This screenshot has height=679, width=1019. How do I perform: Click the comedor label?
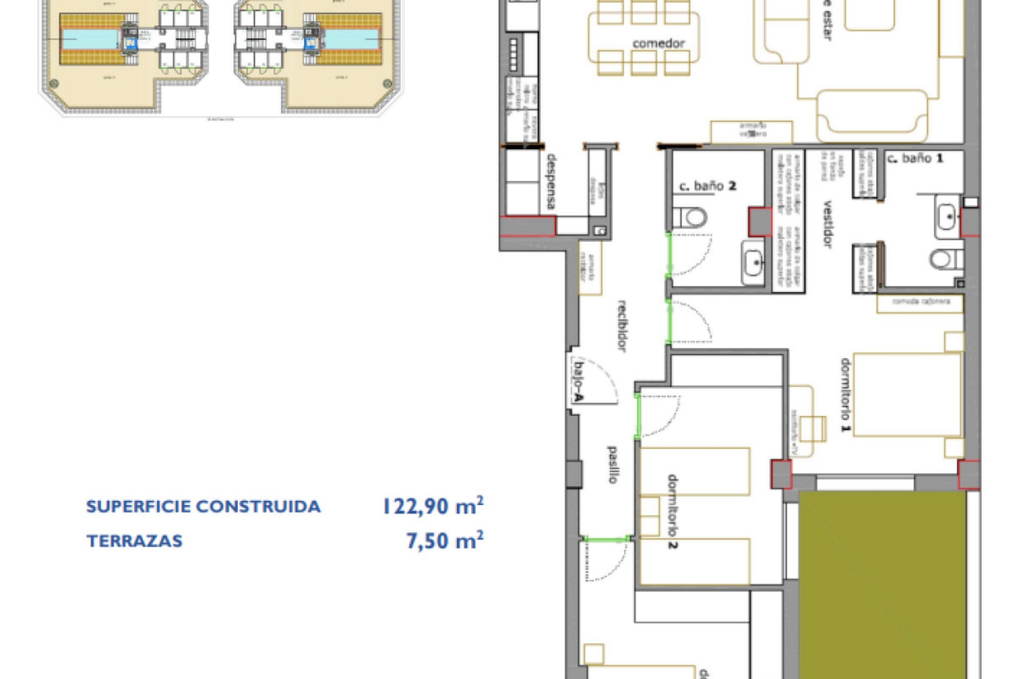tap(658, 43)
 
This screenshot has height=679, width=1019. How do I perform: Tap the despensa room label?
tap(551, 181)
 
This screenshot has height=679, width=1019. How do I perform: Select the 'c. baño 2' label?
tap(707, 186)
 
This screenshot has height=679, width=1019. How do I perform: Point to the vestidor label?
tap(827, 223)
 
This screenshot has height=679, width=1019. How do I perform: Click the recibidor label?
tap(622, 326)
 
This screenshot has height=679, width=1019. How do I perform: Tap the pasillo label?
tap(612, 465)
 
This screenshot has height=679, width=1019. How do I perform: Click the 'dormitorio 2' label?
tap(672, 511)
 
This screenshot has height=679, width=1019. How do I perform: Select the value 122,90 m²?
tap(433, 506)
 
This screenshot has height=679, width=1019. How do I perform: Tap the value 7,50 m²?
tap(445, 541)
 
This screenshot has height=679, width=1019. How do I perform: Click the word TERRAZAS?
tap(135, 541)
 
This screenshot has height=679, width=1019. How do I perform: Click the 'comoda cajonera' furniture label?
tap(920, 302)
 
